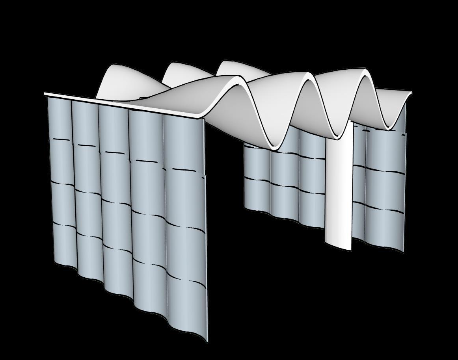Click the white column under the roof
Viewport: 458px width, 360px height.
(x=338, y=189)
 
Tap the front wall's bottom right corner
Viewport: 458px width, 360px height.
(x=206, y=341)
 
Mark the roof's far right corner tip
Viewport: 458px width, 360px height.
(x=411, y=93)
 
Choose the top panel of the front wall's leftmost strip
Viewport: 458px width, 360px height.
(x=60, y=118)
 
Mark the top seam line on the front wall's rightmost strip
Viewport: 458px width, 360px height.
(x=184, y=171)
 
